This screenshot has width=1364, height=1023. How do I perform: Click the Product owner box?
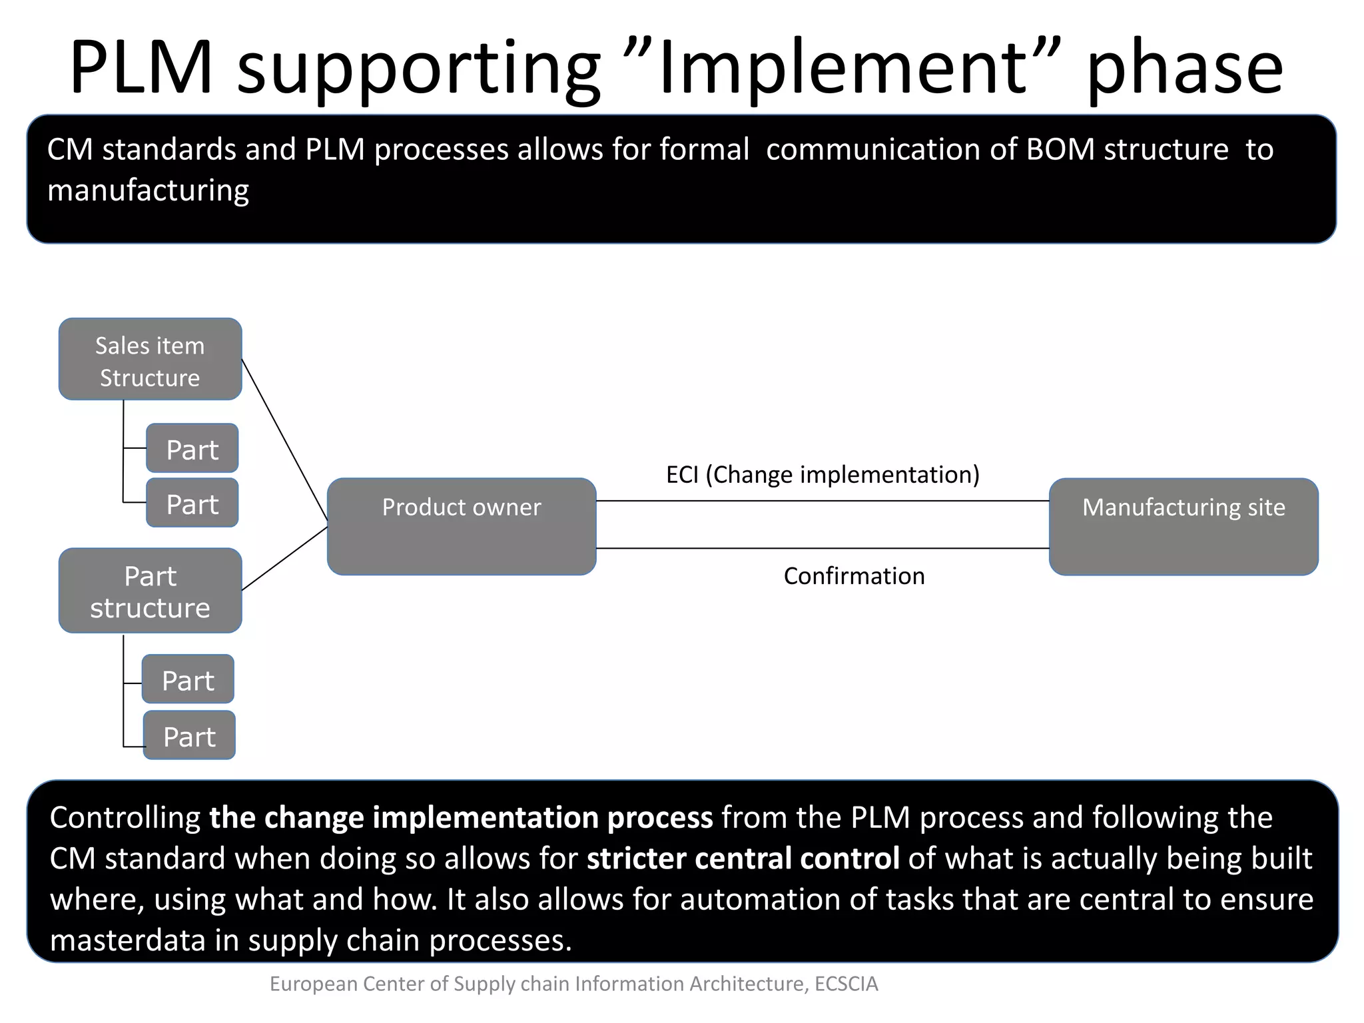tap(462, 526)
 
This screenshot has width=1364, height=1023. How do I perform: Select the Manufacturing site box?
tap(1184, 526)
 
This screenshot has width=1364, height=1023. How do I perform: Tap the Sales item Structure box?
tap(150, 360)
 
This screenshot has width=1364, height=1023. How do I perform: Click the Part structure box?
tap(150, 591)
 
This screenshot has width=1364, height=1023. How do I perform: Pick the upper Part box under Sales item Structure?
tap(192, 449)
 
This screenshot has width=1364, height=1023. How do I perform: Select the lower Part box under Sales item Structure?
tap(192, 504)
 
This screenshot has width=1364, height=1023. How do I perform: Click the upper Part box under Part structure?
tap(188, 679)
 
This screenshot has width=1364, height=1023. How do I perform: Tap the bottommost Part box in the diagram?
tap(189, 735)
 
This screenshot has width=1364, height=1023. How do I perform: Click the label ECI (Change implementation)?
tap(823, 475)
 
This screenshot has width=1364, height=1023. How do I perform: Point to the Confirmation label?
tap(854, 576)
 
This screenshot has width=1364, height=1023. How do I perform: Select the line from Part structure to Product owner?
tap(285, 558)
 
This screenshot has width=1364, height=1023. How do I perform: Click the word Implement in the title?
tap(842, 68)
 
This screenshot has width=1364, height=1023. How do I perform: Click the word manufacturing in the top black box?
tap(148, 191)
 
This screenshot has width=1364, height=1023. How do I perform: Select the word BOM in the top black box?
tap(1060, 150)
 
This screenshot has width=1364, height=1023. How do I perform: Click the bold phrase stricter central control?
tap(743, 858)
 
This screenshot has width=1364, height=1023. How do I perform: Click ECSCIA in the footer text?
tap(847, 984)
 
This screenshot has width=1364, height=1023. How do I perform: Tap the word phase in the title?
tap(1184, 68)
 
